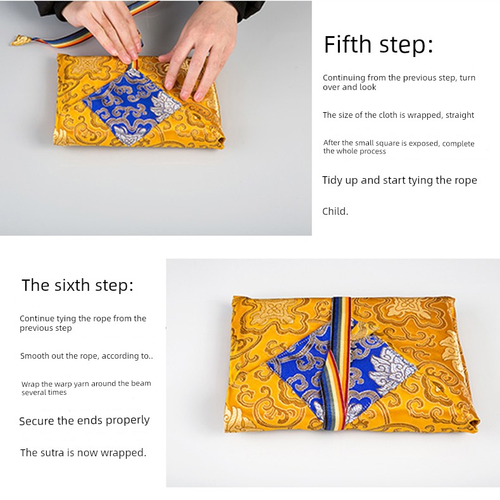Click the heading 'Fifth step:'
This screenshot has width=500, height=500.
click(378, 44)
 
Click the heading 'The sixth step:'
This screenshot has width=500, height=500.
click(77, 285)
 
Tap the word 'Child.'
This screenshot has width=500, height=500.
click(335, 212)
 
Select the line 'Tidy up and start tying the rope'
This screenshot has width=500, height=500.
click(399, 181)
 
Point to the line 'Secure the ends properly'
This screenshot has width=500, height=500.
click(84, 421)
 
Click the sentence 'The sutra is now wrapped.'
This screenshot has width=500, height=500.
click(83, 452)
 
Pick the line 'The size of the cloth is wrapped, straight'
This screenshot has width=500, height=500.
click(398, 115)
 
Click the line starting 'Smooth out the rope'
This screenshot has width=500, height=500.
click(87, 356)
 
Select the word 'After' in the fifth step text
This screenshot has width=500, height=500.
click(331, 143)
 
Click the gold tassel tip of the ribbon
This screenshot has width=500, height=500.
click(22, 41)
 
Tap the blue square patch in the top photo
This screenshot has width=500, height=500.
click(132, 106)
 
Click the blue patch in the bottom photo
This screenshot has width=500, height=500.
click(342, 372)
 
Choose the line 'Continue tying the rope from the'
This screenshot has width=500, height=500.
click(83, 318)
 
